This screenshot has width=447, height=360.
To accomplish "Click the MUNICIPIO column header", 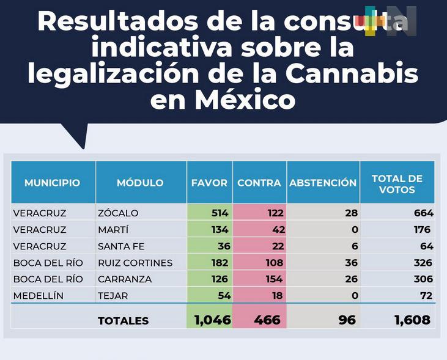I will [x=52, y=183].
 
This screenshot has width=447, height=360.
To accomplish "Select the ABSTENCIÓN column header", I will [x=322, y=183].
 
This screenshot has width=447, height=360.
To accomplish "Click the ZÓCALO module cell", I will [x=118, y=213].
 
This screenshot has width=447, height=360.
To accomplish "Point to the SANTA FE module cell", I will [x=121, y=246].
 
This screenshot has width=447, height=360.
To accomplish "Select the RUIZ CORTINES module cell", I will [x=135, y=263].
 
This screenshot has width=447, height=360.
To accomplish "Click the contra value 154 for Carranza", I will [x=273, y=279].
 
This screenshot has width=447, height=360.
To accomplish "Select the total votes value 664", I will [x=423, y=213].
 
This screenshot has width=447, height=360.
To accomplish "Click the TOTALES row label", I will [x=123, y=321].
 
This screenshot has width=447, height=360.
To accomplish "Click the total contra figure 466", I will [x=267, y=320].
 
